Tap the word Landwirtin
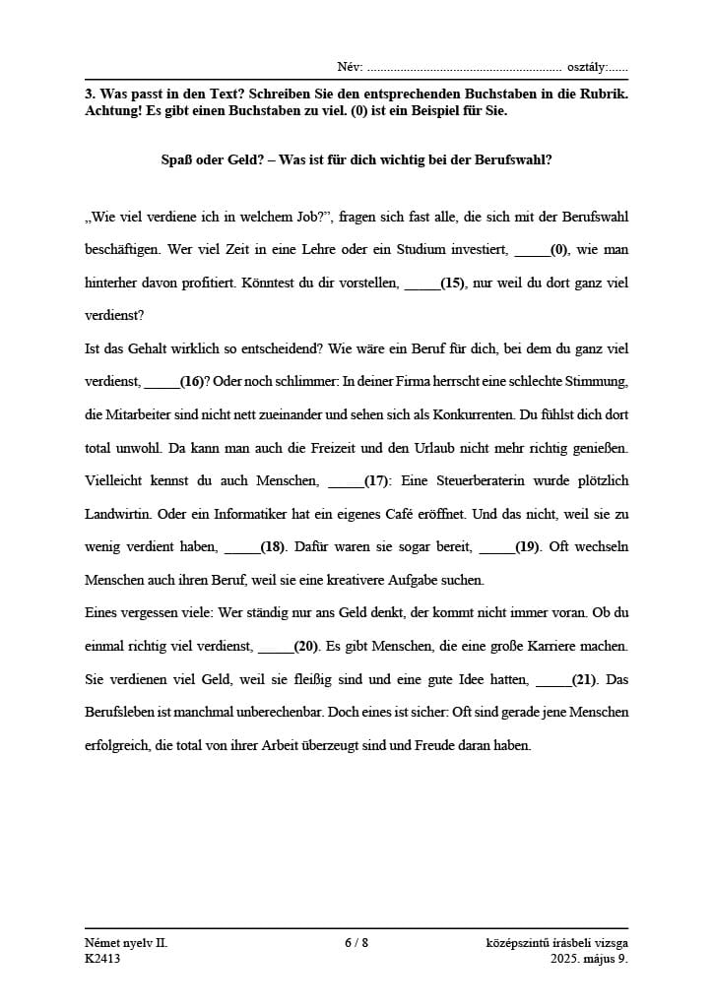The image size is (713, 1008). pos(117,515)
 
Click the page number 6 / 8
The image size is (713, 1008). pos(356,943)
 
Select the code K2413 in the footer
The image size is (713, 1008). pos(102,959)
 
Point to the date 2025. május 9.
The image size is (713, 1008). pos(589,959)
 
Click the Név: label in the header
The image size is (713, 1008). pos(350,67)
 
